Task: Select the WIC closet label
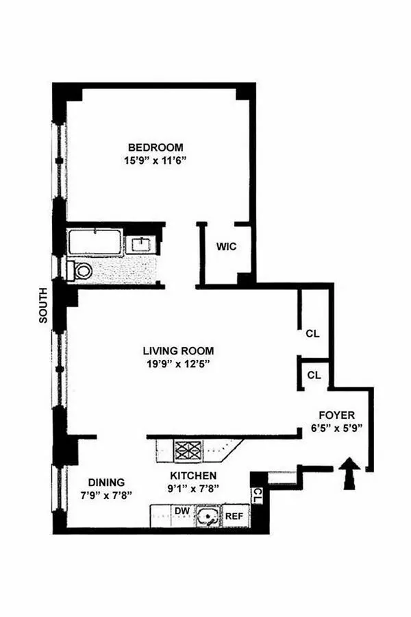[x=227, y=247]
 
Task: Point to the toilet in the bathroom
[x=81, y=271]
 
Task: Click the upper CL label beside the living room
[x=313, y=335]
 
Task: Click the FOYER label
[x=337, y=415]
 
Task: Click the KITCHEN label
[x=193, y=476]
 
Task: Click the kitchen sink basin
[x=206, y=516]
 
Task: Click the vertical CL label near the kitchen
[x=257, y=494]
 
